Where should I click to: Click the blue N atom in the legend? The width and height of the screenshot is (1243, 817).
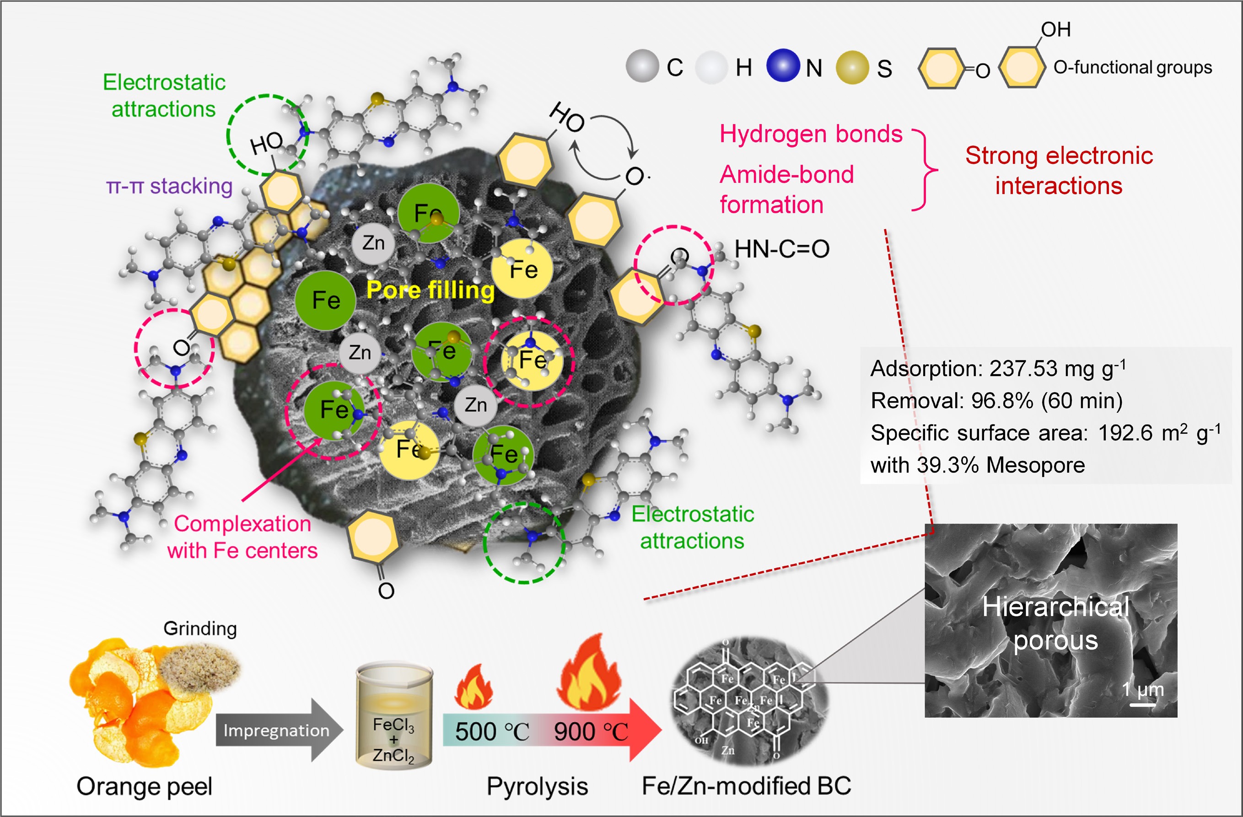coord(783,66)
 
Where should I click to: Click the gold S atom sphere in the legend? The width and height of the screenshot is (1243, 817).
coord(852,67)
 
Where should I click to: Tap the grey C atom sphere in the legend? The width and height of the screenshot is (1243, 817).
coord(642,66)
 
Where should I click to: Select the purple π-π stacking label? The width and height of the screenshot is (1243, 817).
coord(169,186)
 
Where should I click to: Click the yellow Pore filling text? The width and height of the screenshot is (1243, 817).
coord(430,290)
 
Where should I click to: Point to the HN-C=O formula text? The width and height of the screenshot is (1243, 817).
coord(782,249)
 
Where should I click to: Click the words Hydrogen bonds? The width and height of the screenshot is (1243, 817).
coord(811,134)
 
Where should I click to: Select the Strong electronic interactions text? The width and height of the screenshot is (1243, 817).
coord(1059,170)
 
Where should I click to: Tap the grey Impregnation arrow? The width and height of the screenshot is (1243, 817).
coord(277,730)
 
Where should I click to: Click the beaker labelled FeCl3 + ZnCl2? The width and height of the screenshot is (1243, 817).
coord(394,715)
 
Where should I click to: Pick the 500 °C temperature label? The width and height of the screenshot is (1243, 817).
coord(491,731)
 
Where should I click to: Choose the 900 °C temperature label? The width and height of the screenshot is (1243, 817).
coord(591,731)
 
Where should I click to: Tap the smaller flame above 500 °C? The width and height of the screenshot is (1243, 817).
coord(474,687)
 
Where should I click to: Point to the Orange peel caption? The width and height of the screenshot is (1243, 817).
coord(144,786)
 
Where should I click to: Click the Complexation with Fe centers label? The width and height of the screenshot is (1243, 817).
coord(242,537)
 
